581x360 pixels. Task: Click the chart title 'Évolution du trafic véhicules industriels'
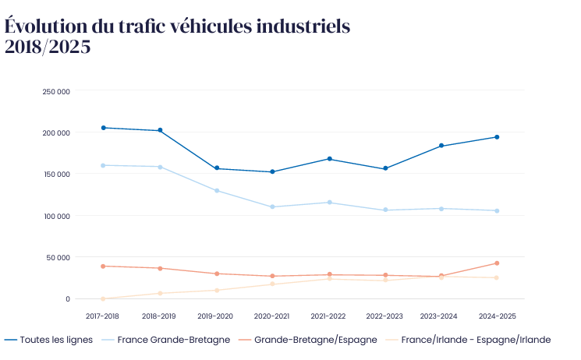[177, 26]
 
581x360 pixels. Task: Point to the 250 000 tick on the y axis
[57, 91]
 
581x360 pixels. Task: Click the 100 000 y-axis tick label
[57, 216]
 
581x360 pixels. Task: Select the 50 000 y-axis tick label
[58, 257]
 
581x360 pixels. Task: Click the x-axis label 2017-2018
[103, 316]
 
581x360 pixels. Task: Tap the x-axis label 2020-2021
[272, 316]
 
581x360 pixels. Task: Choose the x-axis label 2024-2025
[497, 316]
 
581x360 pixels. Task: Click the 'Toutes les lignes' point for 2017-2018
[103, 128]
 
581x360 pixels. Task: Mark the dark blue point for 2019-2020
[216, 168]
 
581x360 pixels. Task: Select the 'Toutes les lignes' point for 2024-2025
[497, 137]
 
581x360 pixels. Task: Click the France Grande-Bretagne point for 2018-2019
[160, 167]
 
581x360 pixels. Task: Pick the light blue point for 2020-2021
[272, 207]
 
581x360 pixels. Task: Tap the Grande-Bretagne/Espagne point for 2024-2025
[497, 263]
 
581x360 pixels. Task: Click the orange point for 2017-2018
[103, 266]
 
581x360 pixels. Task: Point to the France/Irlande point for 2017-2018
[103, 298]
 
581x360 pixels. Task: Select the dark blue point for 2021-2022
[329, 159]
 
